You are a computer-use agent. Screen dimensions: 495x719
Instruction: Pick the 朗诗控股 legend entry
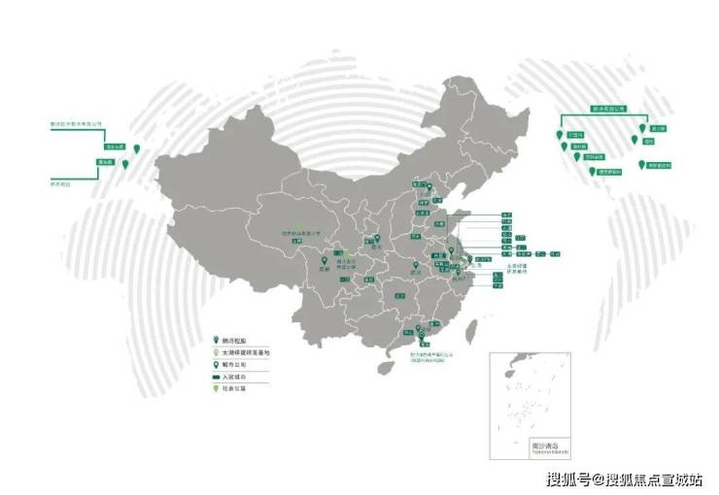point(237,342)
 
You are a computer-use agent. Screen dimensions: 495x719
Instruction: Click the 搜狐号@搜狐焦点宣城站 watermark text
point(627,478)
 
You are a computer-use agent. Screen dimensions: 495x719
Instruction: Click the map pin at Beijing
point(423,188)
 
